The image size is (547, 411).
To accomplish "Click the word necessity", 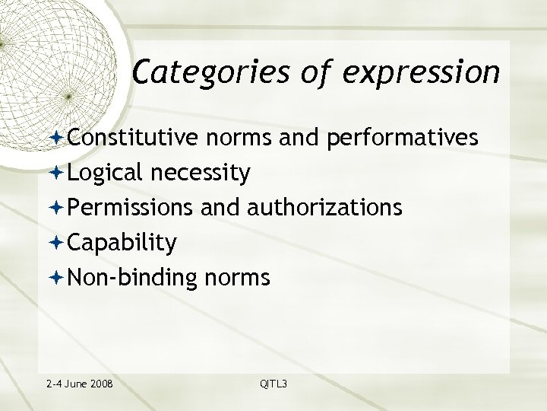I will (200, 174).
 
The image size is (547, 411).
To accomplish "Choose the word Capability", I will (122, 243).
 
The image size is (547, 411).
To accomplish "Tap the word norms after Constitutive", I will (254, 138).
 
